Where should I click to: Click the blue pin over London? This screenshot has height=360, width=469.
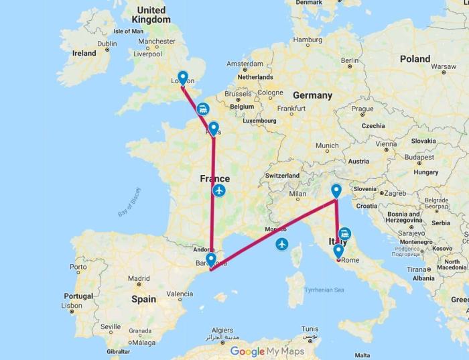(182, 77)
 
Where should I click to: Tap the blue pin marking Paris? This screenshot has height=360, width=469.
(213, 128)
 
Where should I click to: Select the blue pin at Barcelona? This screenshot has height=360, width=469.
(211, 259)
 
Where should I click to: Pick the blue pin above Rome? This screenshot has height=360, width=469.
(338, 251)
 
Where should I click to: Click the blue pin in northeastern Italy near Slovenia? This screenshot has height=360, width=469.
(336, 191)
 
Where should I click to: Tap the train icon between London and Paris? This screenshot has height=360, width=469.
(202, 108)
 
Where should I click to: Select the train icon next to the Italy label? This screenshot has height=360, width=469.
(344, 233)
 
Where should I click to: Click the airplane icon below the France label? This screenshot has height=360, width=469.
(219, 191)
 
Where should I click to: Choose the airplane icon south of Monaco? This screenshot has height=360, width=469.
(281, 243)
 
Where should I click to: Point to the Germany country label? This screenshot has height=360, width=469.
(312, 95)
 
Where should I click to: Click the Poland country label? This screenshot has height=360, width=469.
(415, 59)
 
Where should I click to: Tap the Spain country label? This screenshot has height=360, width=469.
(143, 299)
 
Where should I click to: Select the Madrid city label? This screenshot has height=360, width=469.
(139, 278)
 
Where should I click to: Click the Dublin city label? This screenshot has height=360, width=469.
(107, 44)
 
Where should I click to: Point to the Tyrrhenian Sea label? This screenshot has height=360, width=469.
(324, 290)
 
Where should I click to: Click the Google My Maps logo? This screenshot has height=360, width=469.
(267, 351)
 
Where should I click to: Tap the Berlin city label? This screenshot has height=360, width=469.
(350, 60)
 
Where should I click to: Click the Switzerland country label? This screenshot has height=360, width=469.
(287, 175)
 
